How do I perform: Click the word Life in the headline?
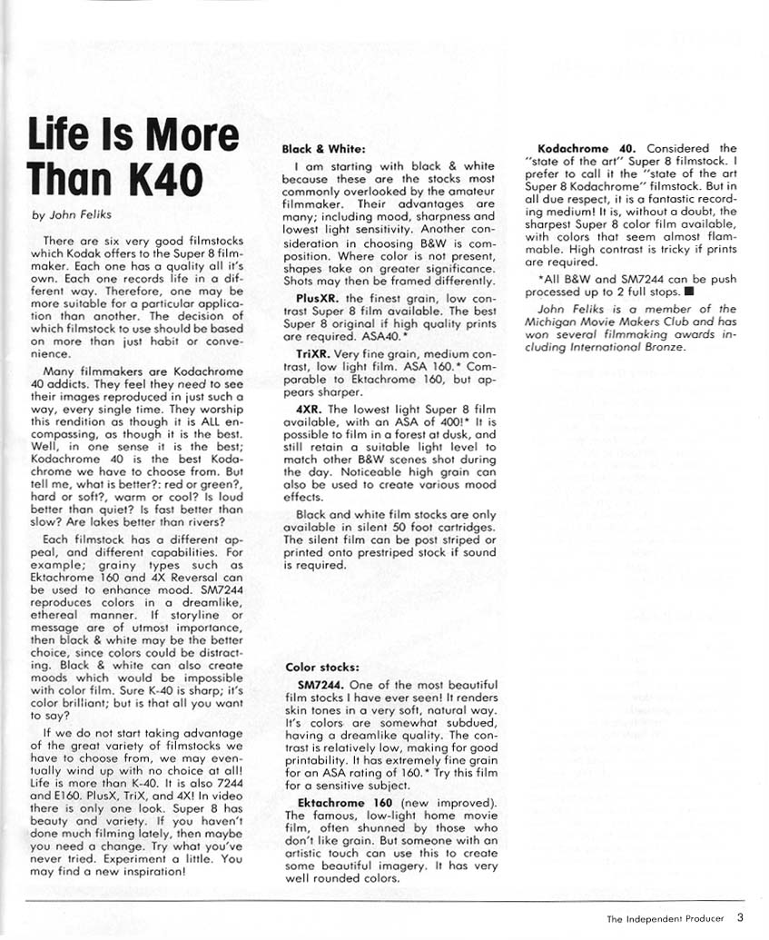coord(61,136)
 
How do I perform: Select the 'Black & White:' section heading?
coord(324,148)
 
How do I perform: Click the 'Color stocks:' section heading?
coord(321,668)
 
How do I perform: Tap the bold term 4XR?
coord(311,409)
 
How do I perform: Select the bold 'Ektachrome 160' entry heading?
coord(344,803)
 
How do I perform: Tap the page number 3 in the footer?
coord(741,917)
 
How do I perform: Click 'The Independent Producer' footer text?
coord(665,918)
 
